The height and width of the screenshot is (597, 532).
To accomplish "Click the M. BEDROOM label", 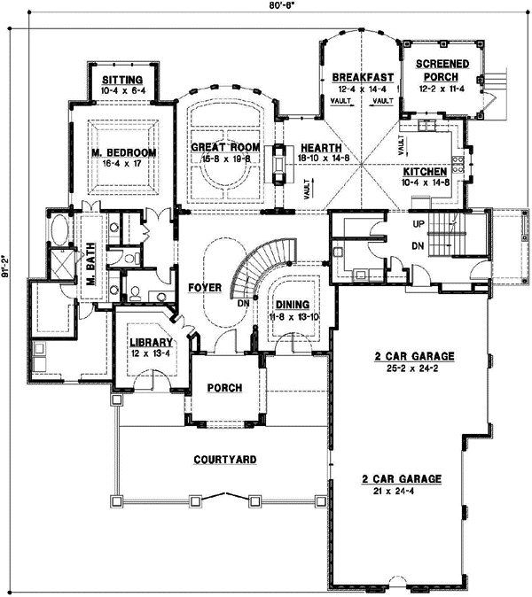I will pyautogui.click(x=124, y=152).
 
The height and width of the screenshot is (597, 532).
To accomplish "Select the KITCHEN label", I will pyautogui.click(x=424, y=171).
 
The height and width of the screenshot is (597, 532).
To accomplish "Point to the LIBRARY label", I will pyautogui.click(x=148, y=343).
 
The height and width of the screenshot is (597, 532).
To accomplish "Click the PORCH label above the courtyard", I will pyautogui.click(x=224, y=389).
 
